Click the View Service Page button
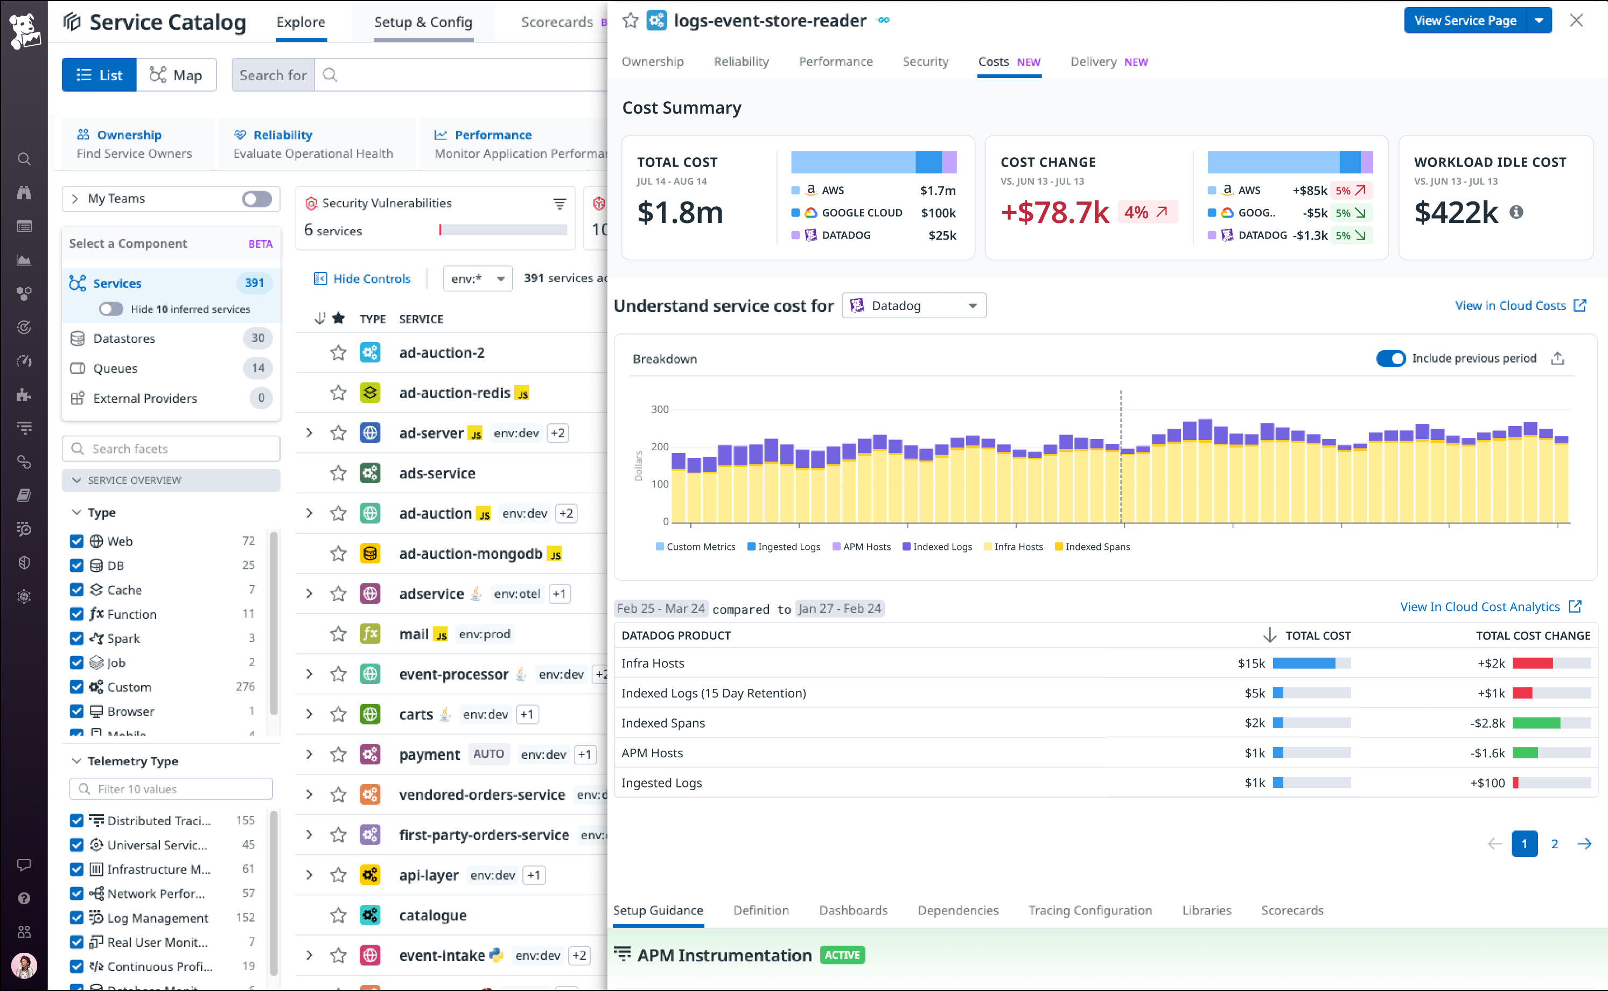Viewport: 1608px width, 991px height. tap(1465, 20)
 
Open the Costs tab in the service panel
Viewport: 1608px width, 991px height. tap(994, 61)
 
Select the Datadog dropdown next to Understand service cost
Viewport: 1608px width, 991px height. tap(913, 305)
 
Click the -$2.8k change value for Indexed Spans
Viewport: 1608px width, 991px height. tap(1487, 723)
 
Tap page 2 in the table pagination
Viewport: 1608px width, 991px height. tap(1554, 844)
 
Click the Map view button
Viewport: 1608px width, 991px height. tap(176, 75)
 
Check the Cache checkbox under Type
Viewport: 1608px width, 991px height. tap(76, 590)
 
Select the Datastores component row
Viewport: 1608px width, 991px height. tap(124, 338)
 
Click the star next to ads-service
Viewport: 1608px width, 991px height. tap(338, 473)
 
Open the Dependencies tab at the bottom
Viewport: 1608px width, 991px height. tap(957, 910)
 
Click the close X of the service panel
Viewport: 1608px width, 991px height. tap(1576, 20)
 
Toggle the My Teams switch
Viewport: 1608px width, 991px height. tap(256, 199)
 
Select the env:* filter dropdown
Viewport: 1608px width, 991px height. tap(477, 278)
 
